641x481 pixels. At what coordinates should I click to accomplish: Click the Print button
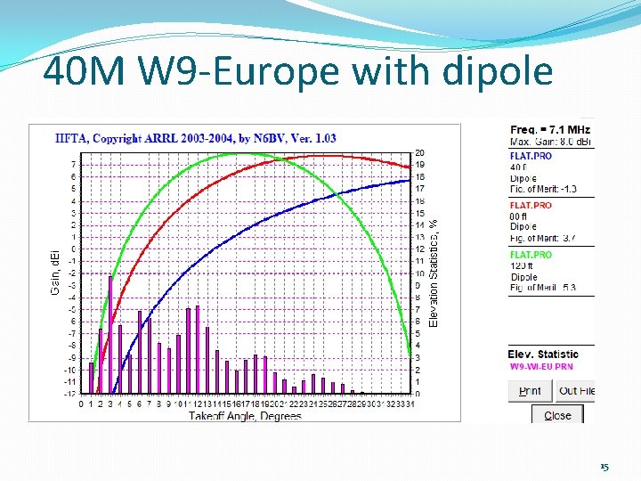tap(531, 391)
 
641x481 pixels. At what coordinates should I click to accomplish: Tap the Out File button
tap(576, 391)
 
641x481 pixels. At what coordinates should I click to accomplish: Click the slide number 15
tap(604, 467)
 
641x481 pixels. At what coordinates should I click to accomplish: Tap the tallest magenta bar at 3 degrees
tap(110, 334)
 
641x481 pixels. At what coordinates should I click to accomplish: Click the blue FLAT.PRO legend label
tap(531, 156)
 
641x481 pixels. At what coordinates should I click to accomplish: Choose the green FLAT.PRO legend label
tap(531, 255)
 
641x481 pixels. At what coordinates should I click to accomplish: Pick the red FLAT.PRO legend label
tap(531, 205)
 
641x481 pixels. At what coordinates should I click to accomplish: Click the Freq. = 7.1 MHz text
tap(549, 130)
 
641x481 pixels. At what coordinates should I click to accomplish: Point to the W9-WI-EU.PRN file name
tap(541, 367)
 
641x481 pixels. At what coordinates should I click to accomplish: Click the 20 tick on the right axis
tap(419, 153)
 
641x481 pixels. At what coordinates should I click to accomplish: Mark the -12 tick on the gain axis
tap(69, 394)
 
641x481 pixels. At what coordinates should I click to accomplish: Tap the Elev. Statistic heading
tap(543, 355)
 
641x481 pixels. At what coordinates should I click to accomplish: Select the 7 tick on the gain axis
tap(72, 165)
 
